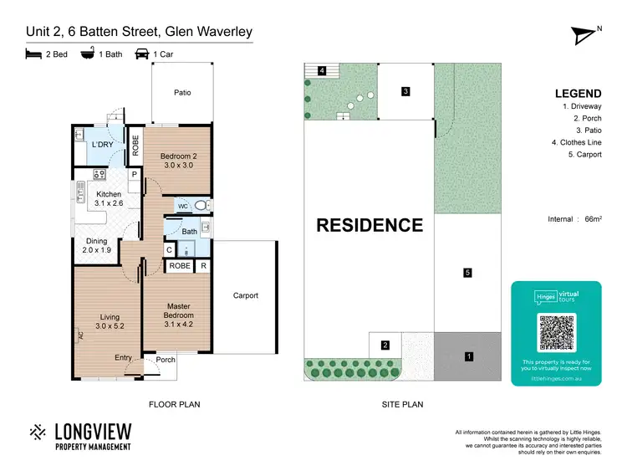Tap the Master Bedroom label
[180, 310]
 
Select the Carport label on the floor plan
[246, 295]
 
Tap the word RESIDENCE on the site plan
[369, 225]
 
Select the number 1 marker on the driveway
[469, 357]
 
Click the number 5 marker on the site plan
[468, 273]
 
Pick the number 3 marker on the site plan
[405, 92]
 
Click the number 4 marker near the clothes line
[322, 71]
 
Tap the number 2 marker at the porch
[385, 345]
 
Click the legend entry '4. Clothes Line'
[576, 142]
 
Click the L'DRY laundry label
[102, 145]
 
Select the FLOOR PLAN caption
[174, 405]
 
